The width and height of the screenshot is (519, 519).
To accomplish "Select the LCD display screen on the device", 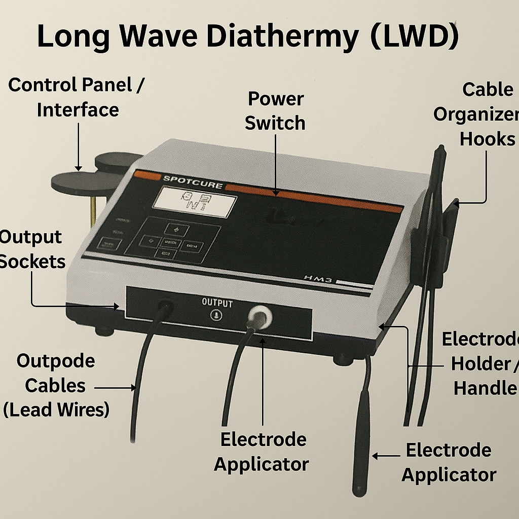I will click(195, 203).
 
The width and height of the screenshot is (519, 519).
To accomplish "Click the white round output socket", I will click(259, 317).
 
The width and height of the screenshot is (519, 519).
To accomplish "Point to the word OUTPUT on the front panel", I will click(217, 303).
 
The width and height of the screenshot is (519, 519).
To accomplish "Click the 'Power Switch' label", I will click(275, 111).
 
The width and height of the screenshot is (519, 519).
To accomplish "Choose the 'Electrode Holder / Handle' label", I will click(481, 363).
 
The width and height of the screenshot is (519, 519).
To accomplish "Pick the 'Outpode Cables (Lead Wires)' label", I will click(56, 385).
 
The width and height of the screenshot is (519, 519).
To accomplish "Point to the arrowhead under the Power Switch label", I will click(275, 192).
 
